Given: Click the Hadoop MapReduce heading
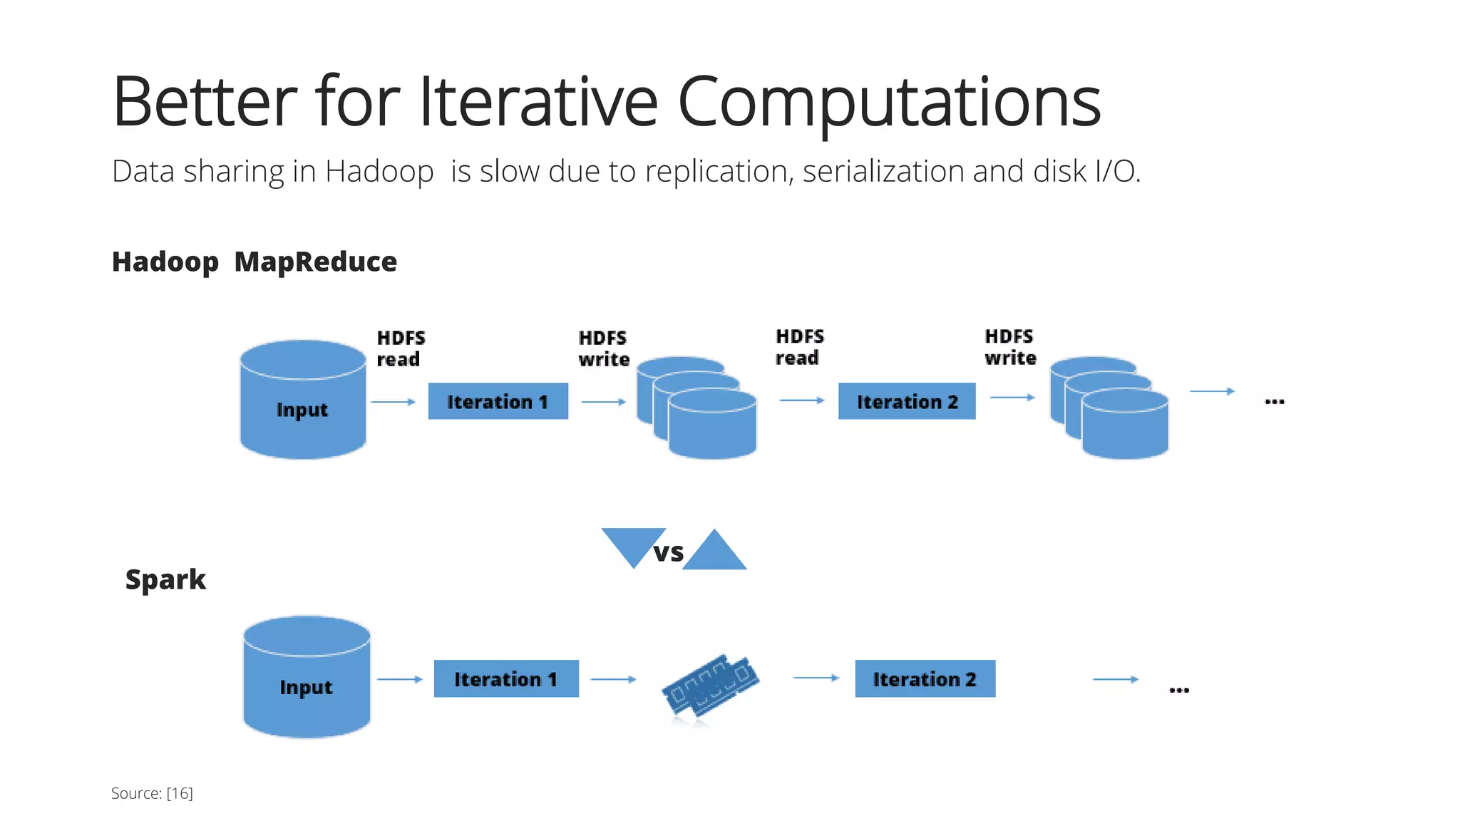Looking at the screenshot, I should coord(254,262).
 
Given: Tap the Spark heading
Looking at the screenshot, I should coord(165,579).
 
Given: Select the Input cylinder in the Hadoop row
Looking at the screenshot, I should coord(303,409).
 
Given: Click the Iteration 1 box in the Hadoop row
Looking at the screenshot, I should coord(498,401).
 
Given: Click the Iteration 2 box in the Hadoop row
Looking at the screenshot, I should coord(907,401).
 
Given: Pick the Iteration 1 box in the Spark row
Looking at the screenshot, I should coord(505,678).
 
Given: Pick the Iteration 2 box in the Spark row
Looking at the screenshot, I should coord(925,678).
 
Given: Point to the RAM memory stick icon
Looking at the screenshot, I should coord(710,684).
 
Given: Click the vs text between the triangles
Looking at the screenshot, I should coord(669,552).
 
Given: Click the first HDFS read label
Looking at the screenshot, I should coord(400,348).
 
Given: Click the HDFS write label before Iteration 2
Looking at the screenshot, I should coord(603,348).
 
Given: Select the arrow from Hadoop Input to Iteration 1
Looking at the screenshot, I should coord(393,402).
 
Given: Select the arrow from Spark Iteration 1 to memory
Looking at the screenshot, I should coord(613,679).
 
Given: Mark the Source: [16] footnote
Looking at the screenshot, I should coord(152,793).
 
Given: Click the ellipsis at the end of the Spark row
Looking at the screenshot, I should coord(1179,690).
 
